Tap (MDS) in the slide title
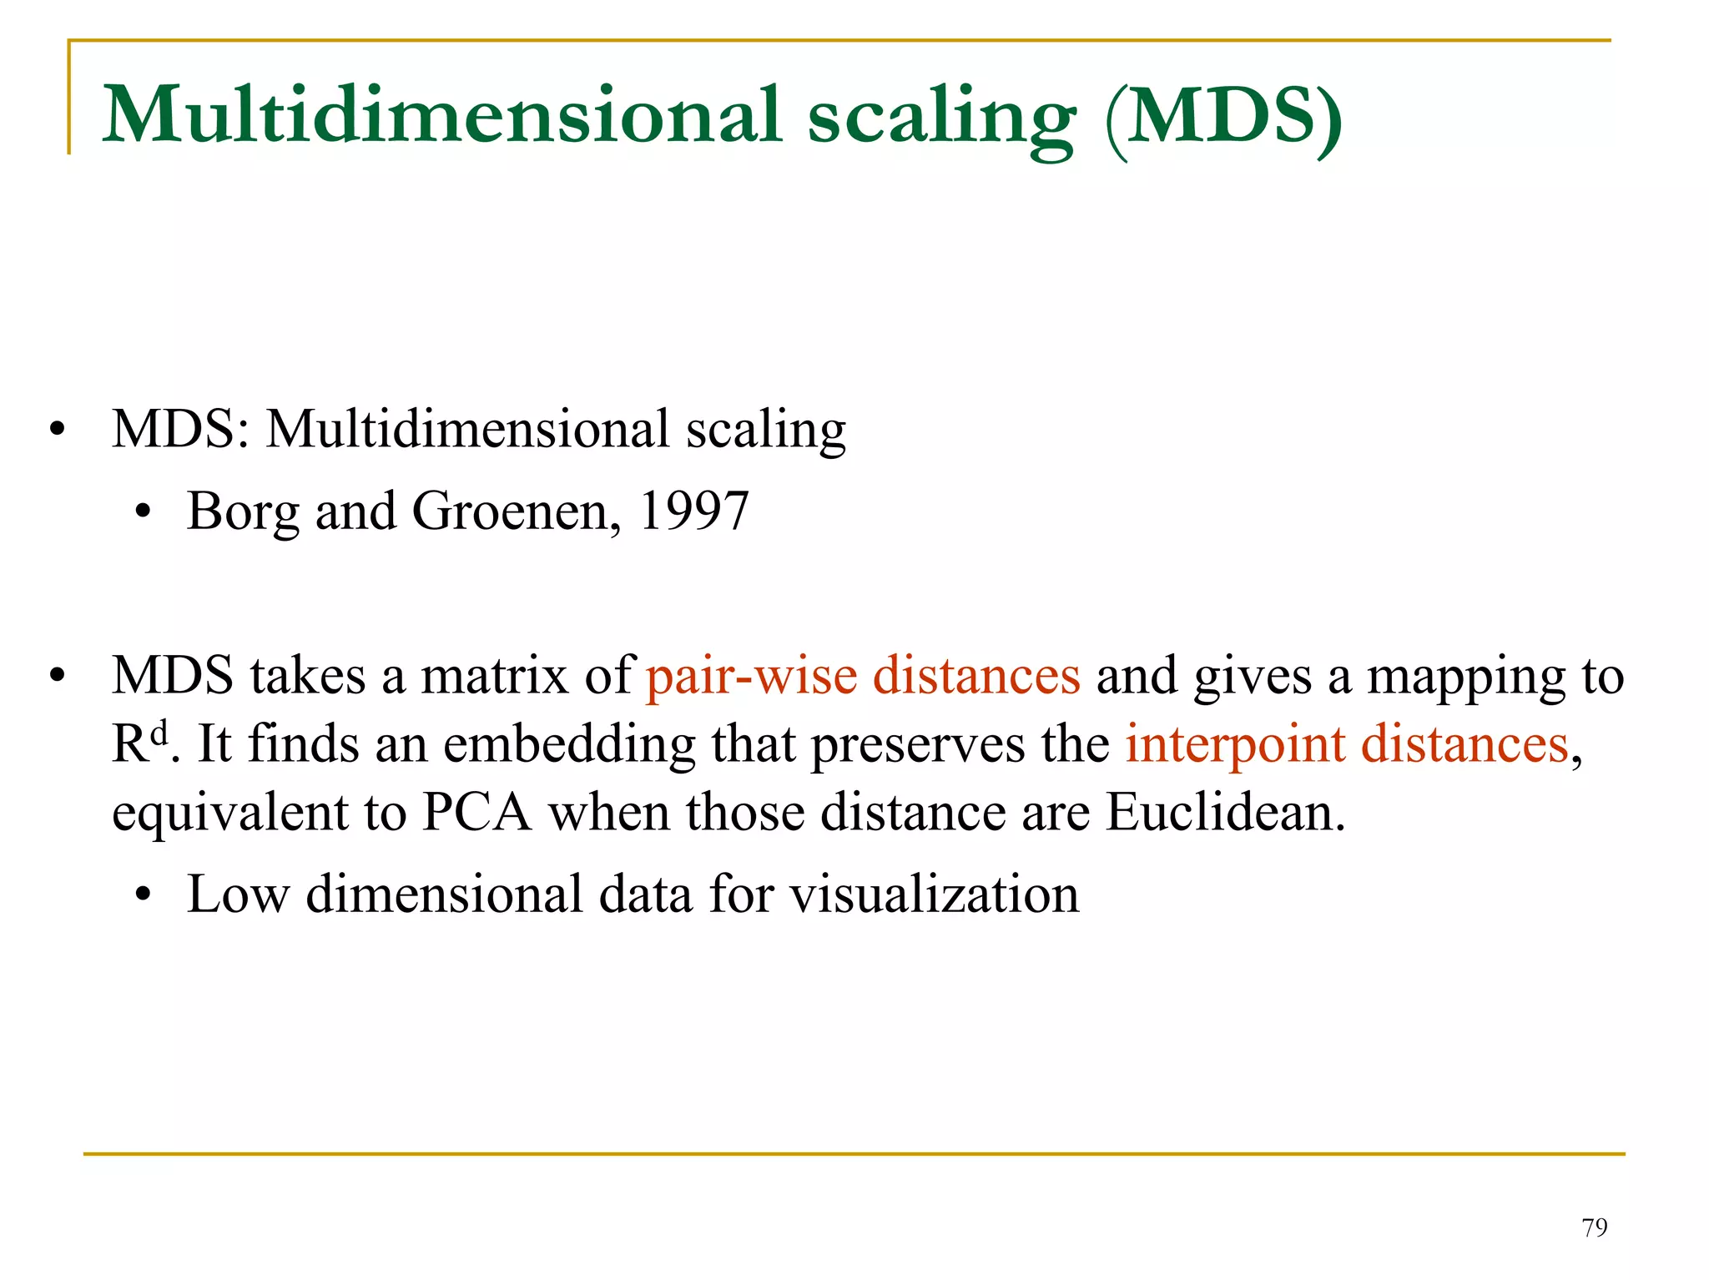pyautogui.click(x=1223, y=117)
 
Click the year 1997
pyautogui.click(x=693, y=511)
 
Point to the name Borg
pyautogui.click(x=242, y=512)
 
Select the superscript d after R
pyautogui.click(x=159, y=733)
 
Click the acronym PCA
pyautogui.click(x=476, y=812)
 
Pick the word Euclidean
pyautogui.click(x=1225, y=812)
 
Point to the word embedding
pyautogui.click(x=569, y=744)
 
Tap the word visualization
pyautogui.click(x=935, y=894)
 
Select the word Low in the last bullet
pyautogui.click(x=238, y=894)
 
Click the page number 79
pyautogui.click(x=1594, y=1227)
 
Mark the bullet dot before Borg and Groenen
pyautogui.click(x=144, y=512)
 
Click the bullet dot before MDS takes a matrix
pyautogui.click(x=56, y=677)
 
